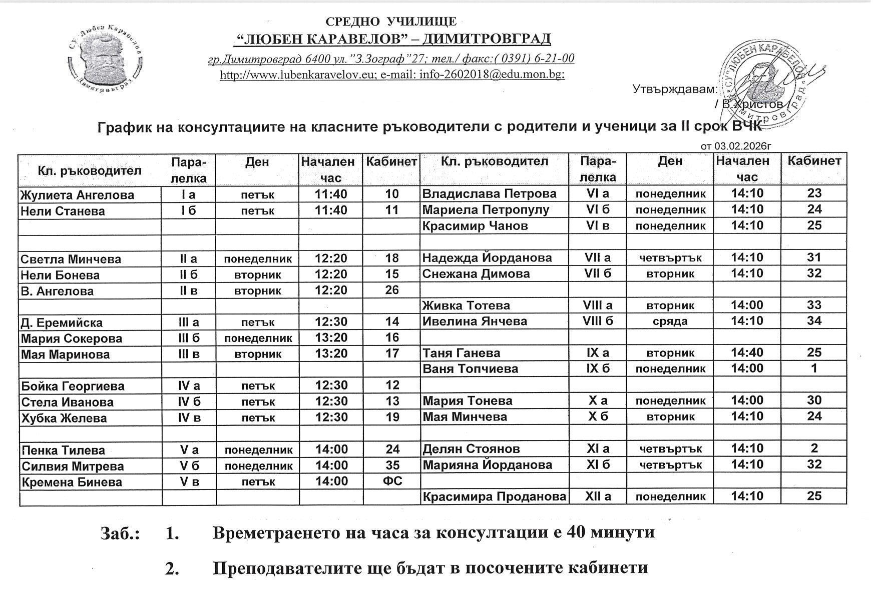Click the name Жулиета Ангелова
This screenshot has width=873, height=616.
click(x=78, y=195)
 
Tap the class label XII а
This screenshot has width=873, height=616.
click(x=598, y=496)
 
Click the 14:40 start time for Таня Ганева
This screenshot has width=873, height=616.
click(x=747, y=352)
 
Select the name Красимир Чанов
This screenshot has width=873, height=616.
click(x=475, y=225)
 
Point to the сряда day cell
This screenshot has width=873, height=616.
click(x=670, y=321)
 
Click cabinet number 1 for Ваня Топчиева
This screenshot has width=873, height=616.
click(x=814, y=368)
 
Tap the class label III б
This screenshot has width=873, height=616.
click(x=189, y=338)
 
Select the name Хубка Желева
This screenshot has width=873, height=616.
click(x=64, y=418)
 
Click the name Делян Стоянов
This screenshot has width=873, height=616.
click(x=471, y=448)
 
